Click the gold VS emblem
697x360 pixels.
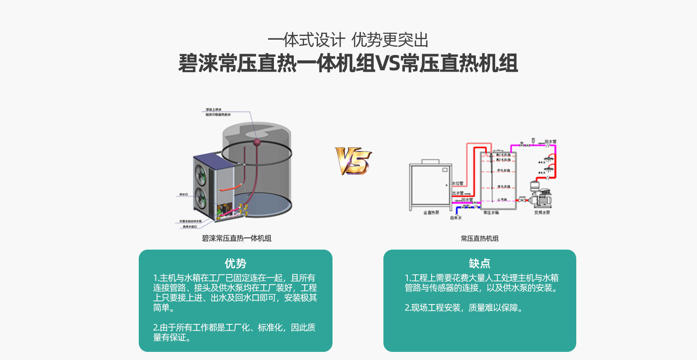tap(353, 161)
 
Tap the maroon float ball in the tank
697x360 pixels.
tap(257, 142)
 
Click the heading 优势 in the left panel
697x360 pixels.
tap(235, 264)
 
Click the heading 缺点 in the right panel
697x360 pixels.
tap(479, 264)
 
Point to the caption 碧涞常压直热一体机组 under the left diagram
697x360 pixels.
tap(237, 238)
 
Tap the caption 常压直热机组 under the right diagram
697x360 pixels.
tap(479, 238)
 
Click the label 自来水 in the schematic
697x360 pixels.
tap(456, 218)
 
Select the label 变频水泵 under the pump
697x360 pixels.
tap(542, 212)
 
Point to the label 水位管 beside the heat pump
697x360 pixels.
tap(457, 183)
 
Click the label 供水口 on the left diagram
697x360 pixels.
tap(183, 195)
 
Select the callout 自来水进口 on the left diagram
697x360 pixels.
tap(189, 227)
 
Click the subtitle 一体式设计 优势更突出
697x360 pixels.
tap(348, 41)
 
